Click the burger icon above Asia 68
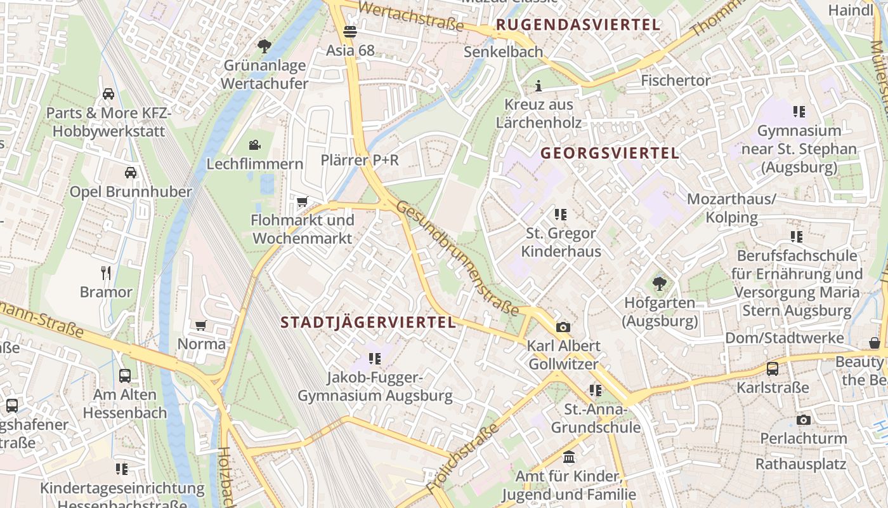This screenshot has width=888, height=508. (349, 31)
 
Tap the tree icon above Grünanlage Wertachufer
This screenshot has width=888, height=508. (264, 46)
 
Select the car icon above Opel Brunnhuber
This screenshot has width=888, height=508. (131, 172)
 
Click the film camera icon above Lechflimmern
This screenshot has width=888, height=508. (255, 145)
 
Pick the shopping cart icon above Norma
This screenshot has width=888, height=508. (201, 325)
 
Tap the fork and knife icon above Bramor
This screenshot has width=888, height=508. (106, 273)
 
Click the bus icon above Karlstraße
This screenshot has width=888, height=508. (773, 368)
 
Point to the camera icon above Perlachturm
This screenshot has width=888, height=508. (804, 420)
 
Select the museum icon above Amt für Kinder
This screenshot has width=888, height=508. (569, 457)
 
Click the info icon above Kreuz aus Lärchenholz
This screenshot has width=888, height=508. (539, 86)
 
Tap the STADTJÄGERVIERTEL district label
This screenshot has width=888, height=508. (369, 323)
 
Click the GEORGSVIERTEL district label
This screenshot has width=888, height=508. (610, 153)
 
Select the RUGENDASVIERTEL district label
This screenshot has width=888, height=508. (578, 25)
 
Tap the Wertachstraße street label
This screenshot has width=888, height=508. (411, 16)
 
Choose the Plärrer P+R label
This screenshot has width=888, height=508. (360, 160)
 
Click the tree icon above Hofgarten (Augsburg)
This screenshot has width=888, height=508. (660, 283)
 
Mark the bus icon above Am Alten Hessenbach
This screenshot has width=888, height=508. (125, 375)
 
